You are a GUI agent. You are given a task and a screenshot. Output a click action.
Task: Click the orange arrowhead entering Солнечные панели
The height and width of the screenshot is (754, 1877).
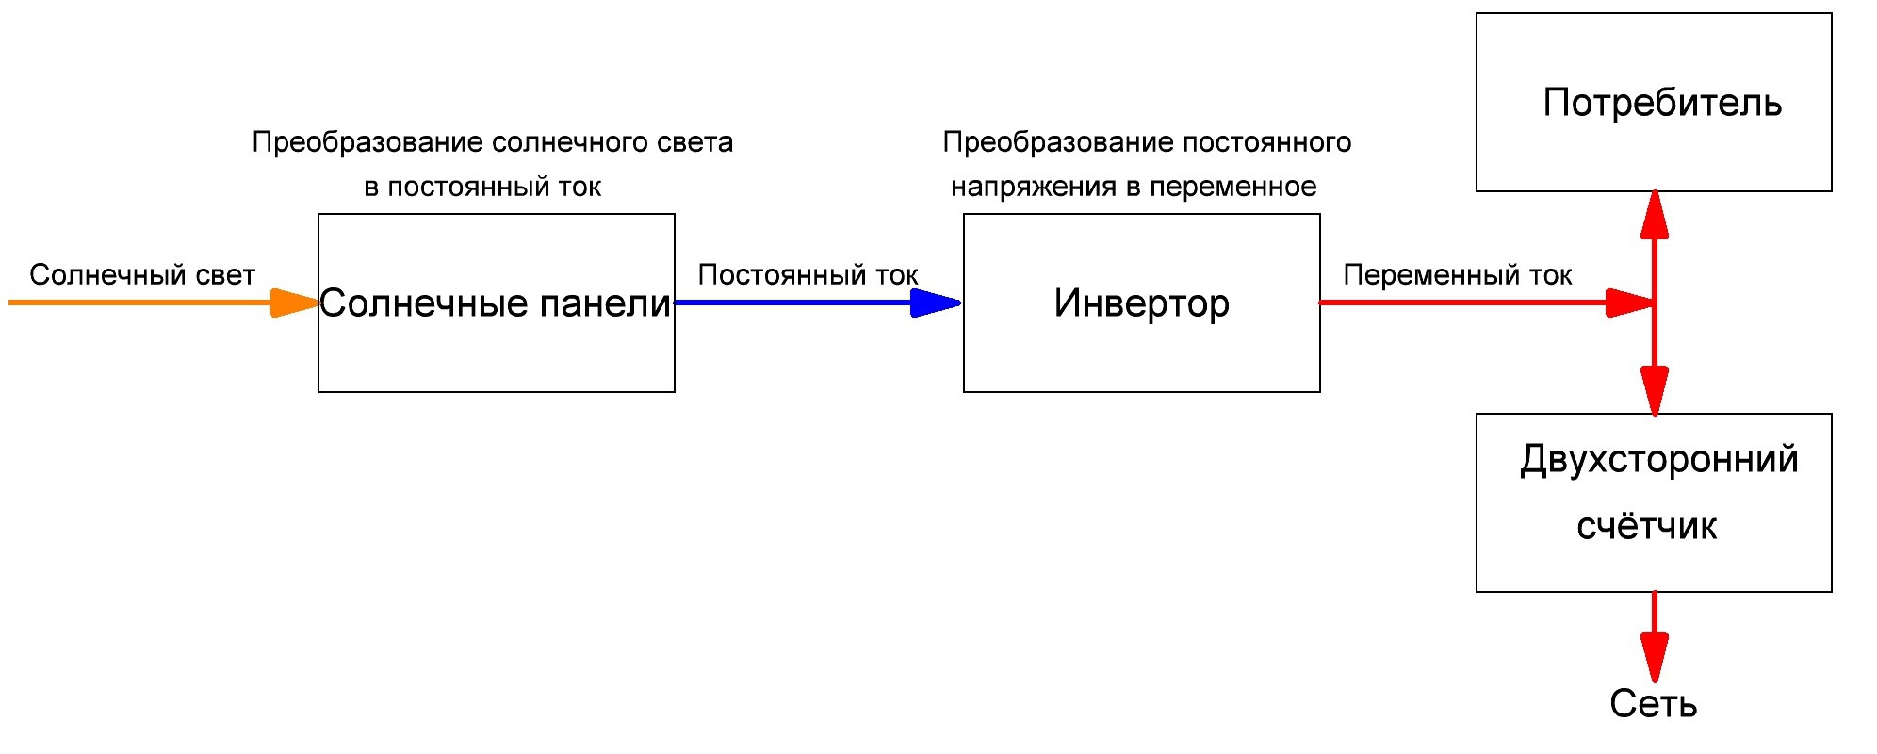click(x=295, y=303)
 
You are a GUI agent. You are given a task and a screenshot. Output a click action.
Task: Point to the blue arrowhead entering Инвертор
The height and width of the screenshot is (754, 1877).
click(x=936, y=303)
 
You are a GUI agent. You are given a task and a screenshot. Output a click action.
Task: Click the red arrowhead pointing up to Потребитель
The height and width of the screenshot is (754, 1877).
click(x=1654, y=214)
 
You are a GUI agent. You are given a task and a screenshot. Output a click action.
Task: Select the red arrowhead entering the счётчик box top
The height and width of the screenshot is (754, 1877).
click(x=1654, y=390)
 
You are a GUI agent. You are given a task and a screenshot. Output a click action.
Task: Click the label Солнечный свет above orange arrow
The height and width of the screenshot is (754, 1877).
click(x=142, y=275)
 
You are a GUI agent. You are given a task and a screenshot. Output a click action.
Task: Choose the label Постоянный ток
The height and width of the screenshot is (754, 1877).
click(x=808, y=275)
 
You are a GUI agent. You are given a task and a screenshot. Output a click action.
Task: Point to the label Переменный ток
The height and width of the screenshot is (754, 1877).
click(x=1457, y=275)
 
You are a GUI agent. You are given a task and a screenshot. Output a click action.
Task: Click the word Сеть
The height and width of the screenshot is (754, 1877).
click(x=1653, y=704)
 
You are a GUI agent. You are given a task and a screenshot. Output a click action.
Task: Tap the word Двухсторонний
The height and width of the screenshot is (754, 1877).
click(x=1658, y=460)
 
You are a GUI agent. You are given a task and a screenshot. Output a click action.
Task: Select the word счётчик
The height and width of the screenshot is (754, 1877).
click(x=1646, y=526)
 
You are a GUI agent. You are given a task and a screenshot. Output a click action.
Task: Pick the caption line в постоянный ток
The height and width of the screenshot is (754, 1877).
click(x=482, y=188)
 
